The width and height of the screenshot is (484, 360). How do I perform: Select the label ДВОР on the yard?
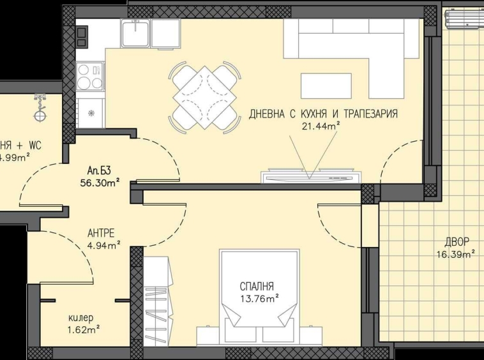(457, 242)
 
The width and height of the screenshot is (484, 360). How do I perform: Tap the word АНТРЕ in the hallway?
(101, 233)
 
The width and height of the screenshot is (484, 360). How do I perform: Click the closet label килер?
(81, 318)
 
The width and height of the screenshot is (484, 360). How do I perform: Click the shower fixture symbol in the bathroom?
(41, 109)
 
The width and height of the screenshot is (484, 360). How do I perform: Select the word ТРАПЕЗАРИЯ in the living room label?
(370, 114)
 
